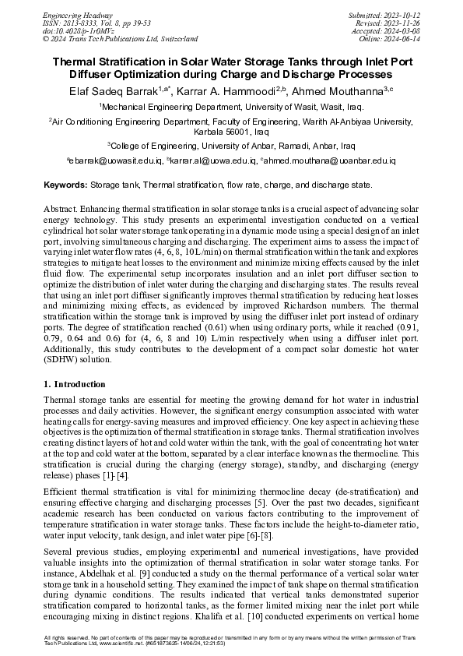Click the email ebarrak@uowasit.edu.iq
114,160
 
